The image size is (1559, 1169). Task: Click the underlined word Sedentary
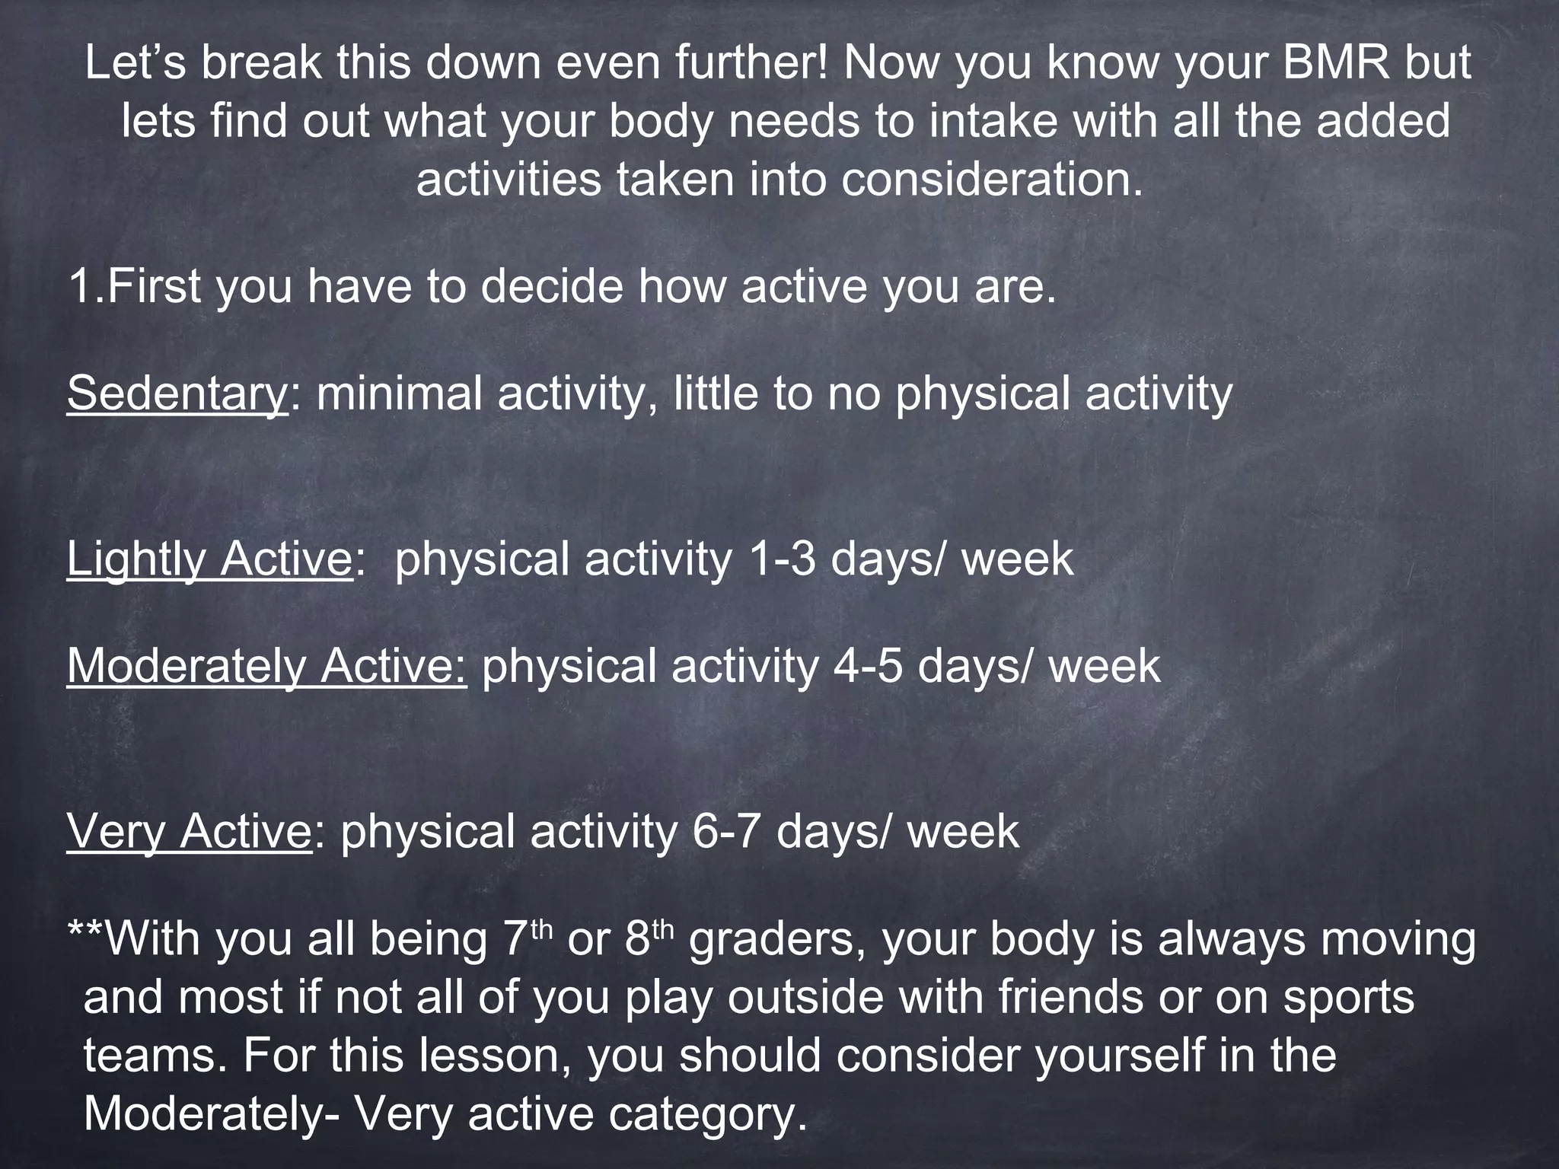pos(177,394)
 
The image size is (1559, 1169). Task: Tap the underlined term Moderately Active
pos(266,666)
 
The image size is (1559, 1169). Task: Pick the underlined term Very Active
pos(189,830)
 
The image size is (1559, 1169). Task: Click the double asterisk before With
pos(85,932)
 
